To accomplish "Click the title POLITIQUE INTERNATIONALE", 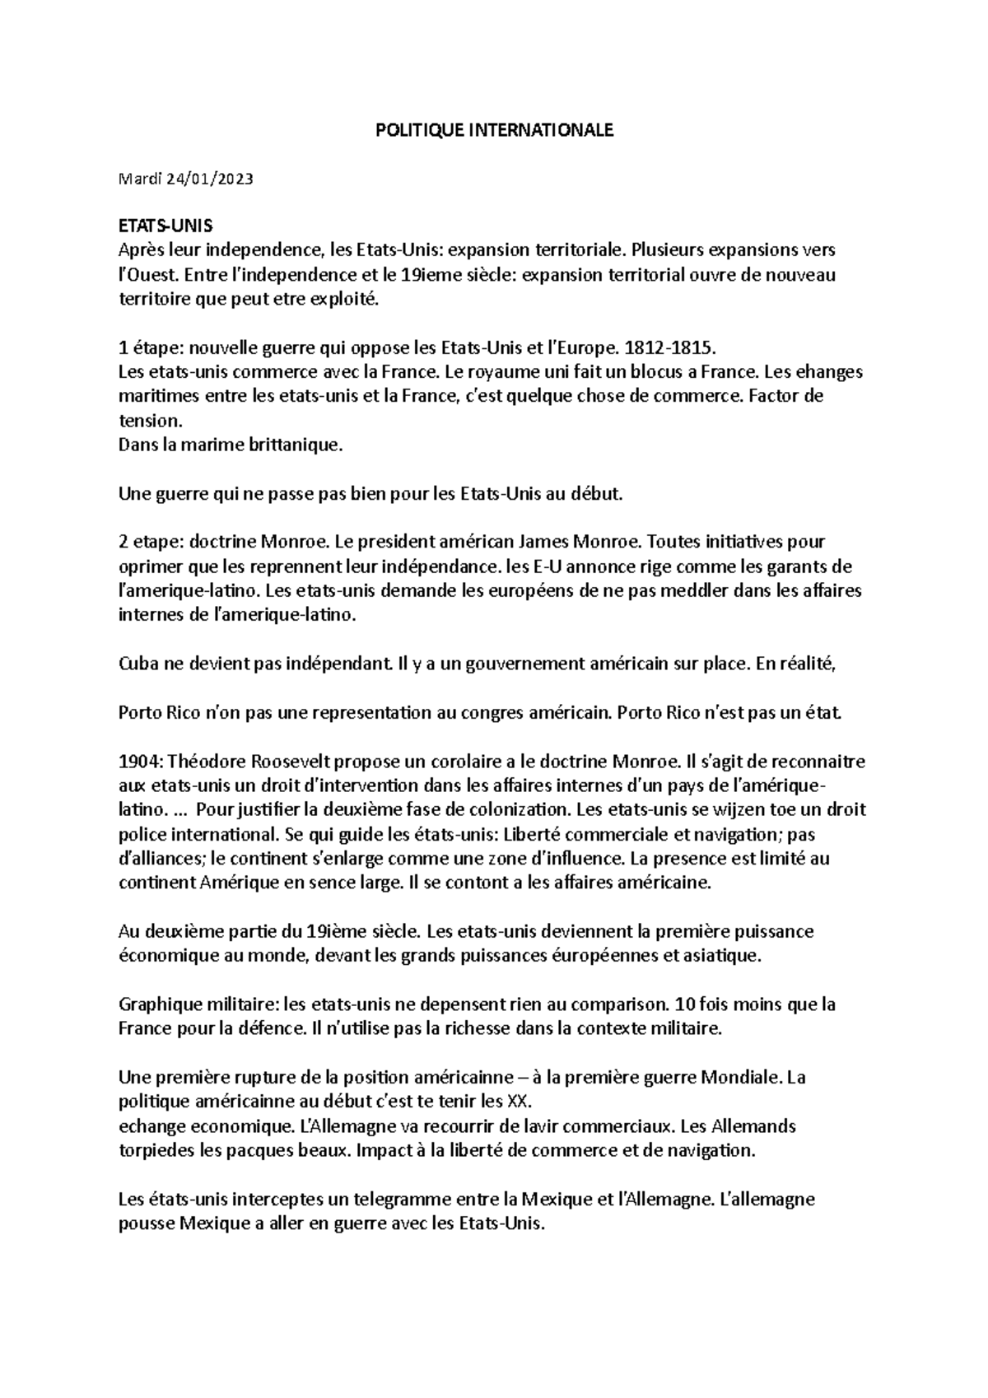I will (494, 130).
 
